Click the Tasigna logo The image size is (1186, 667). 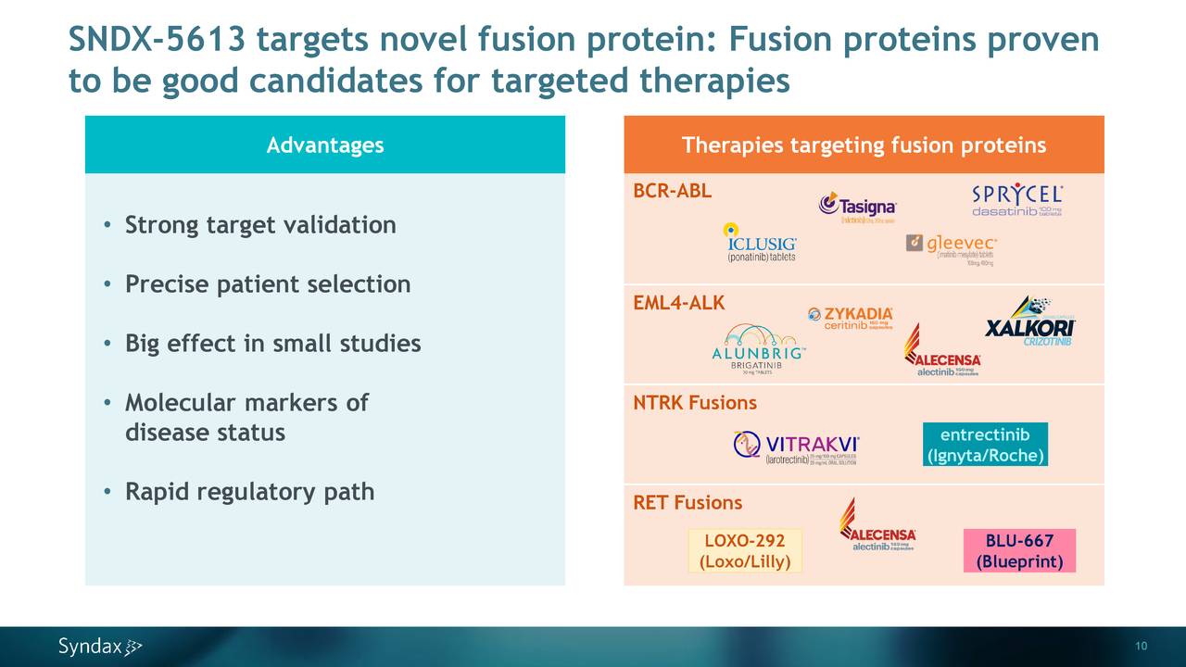pyautogui.click(x=857, y=208)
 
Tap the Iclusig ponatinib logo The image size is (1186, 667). pyautogui.click(x=759, y=243)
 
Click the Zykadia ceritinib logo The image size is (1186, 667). pyautogui.click(x=851, y=318)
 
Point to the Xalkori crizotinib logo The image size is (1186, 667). pyautogui.click(x=1029, y=323)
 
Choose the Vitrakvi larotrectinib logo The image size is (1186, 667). pyautogui.click(x=796, y=447)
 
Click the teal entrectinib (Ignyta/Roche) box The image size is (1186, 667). pyautogui.click(x=985, y=445)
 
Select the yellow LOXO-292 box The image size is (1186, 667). pyautogui.click(x=744, y=551)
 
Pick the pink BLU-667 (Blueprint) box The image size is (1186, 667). pyautogui.click(x=1019, y=551)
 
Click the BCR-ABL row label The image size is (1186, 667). pyautogui.click(x=672, y=192)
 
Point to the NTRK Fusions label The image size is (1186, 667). pyautogui.click(x=694, y=403)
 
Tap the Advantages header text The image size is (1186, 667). pyautogui.click(x=324, y=145)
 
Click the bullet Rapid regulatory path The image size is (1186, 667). pyautogui.click(x=249, y=492)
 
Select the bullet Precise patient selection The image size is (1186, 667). pyautogui.click(x=267, y=284)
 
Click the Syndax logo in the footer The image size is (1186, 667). pyautogui.click(x=100, y=647)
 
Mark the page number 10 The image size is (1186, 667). pyautogui.click(x=1141, y=646)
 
